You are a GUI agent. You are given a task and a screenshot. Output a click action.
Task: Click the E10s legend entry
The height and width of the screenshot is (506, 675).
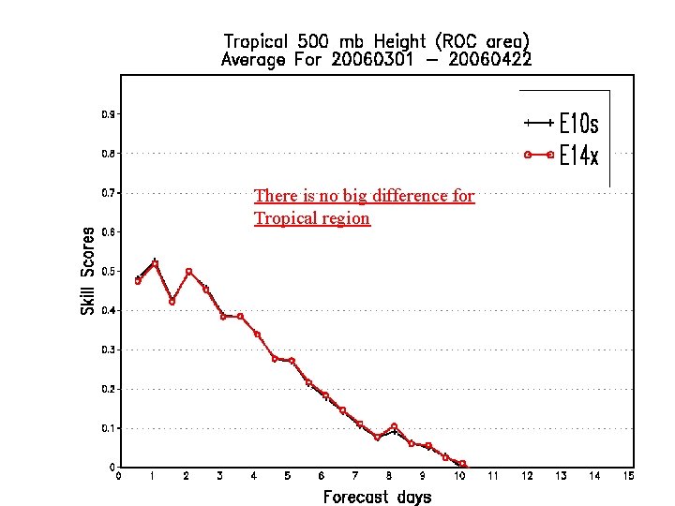tap(561, 124)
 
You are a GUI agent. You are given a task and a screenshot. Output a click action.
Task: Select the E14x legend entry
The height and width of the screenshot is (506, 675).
tap(561, 156)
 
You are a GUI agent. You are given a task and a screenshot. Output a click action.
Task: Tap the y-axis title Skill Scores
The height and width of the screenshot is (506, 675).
tap(88, 271)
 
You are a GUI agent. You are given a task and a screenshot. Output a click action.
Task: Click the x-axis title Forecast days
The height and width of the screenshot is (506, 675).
tap(377, 497)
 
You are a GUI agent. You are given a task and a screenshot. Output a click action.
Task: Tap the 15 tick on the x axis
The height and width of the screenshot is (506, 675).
tap(628, 476)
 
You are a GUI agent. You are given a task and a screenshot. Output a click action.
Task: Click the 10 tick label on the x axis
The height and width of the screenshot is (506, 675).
tap(459, 476)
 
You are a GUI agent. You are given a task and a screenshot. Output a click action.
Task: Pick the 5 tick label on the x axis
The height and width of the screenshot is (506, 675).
tap(288, 476)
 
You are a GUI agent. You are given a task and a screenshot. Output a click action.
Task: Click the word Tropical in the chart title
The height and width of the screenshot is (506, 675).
tap(257, 41)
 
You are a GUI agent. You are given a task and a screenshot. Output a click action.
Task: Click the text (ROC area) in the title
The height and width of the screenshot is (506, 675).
tap(483, 41)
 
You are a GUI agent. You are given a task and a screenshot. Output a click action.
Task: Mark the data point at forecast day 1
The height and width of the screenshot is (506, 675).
tap(155, 264)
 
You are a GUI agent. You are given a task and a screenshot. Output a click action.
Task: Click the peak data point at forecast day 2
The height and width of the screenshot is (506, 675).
tap(188, 272)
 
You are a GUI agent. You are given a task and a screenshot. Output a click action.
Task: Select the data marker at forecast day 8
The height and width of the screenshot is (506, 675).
tap(394, 426)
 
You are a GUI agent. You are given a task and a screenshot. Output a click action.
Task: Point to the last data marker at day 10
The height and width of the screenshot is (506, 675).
tap(462, 464)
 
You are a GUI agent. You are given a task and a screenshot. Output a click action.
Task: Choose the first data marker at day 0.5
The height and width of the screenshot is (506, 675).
tap(138, 280)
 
